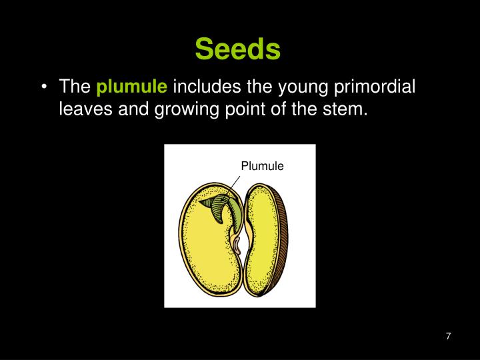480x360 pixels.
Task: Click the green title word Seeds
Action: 239,48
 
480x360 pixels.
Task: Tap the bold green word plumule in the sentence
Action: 132,87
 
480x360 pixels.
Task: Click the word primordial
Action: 379,87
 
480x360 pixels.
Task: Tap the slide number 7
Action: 449,337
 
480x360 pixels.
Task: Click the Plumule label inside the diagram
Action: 262,166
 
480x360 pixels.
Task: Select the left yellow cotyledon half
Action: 203,260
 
